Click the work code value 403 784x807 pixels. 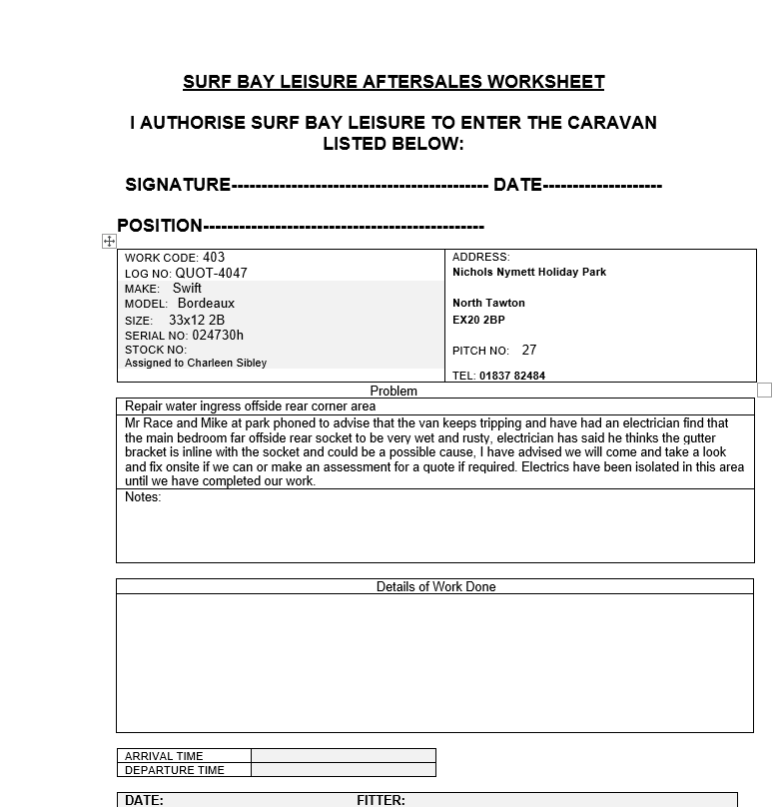(x=214, y=257)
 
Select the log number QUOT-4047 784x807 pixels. (x=212, y=273)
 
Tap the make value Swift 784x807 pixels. (x=187, y=288)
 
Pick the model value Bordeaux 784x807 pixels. (x=206, y=303)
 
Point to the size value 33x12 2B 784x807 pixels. (x=197, y=320)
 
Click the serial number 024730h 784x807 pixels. (x=218, y=336)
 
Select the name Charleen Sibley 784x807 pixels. (x=227, y=363)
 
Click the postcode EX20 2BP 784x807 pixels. (x=478, y=320)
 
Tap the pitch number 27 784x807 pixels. (x=529, y=350)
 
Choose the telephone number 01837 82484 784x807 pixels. (x=512, y=376)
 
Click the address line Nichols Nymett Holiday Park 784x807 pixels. (x=529, y=272)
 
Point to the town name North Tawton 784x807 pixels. (x=488, y=303)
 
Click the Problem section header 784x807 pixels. (x=393, y=391)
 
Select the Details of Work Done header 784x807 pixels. (x=435, y=586)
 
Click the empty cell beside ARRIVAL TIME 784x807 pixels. (x=343, y=756)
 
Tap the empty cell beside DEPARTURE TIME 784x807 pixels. (x=343, y=770)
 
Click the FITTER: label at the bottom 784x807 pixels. (x=381, y=800)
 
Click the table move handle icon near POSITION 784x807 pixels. (x=109, y=242)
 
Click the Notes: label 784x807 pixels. (x=143, y=497)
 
